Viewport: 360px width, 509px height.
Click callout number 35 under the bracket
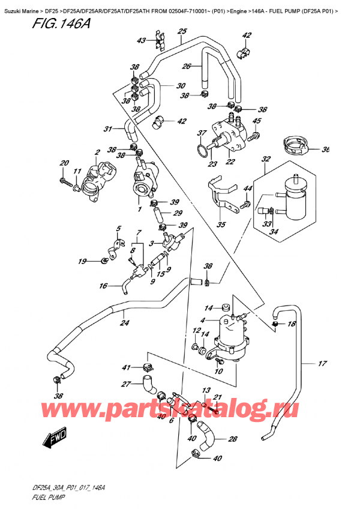[x=221, y=226]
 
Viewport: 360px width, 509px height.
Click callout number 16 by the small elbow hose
[x=103, y=286]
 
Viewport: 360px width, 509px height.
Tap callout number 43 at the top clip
[x=141, y=41]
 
